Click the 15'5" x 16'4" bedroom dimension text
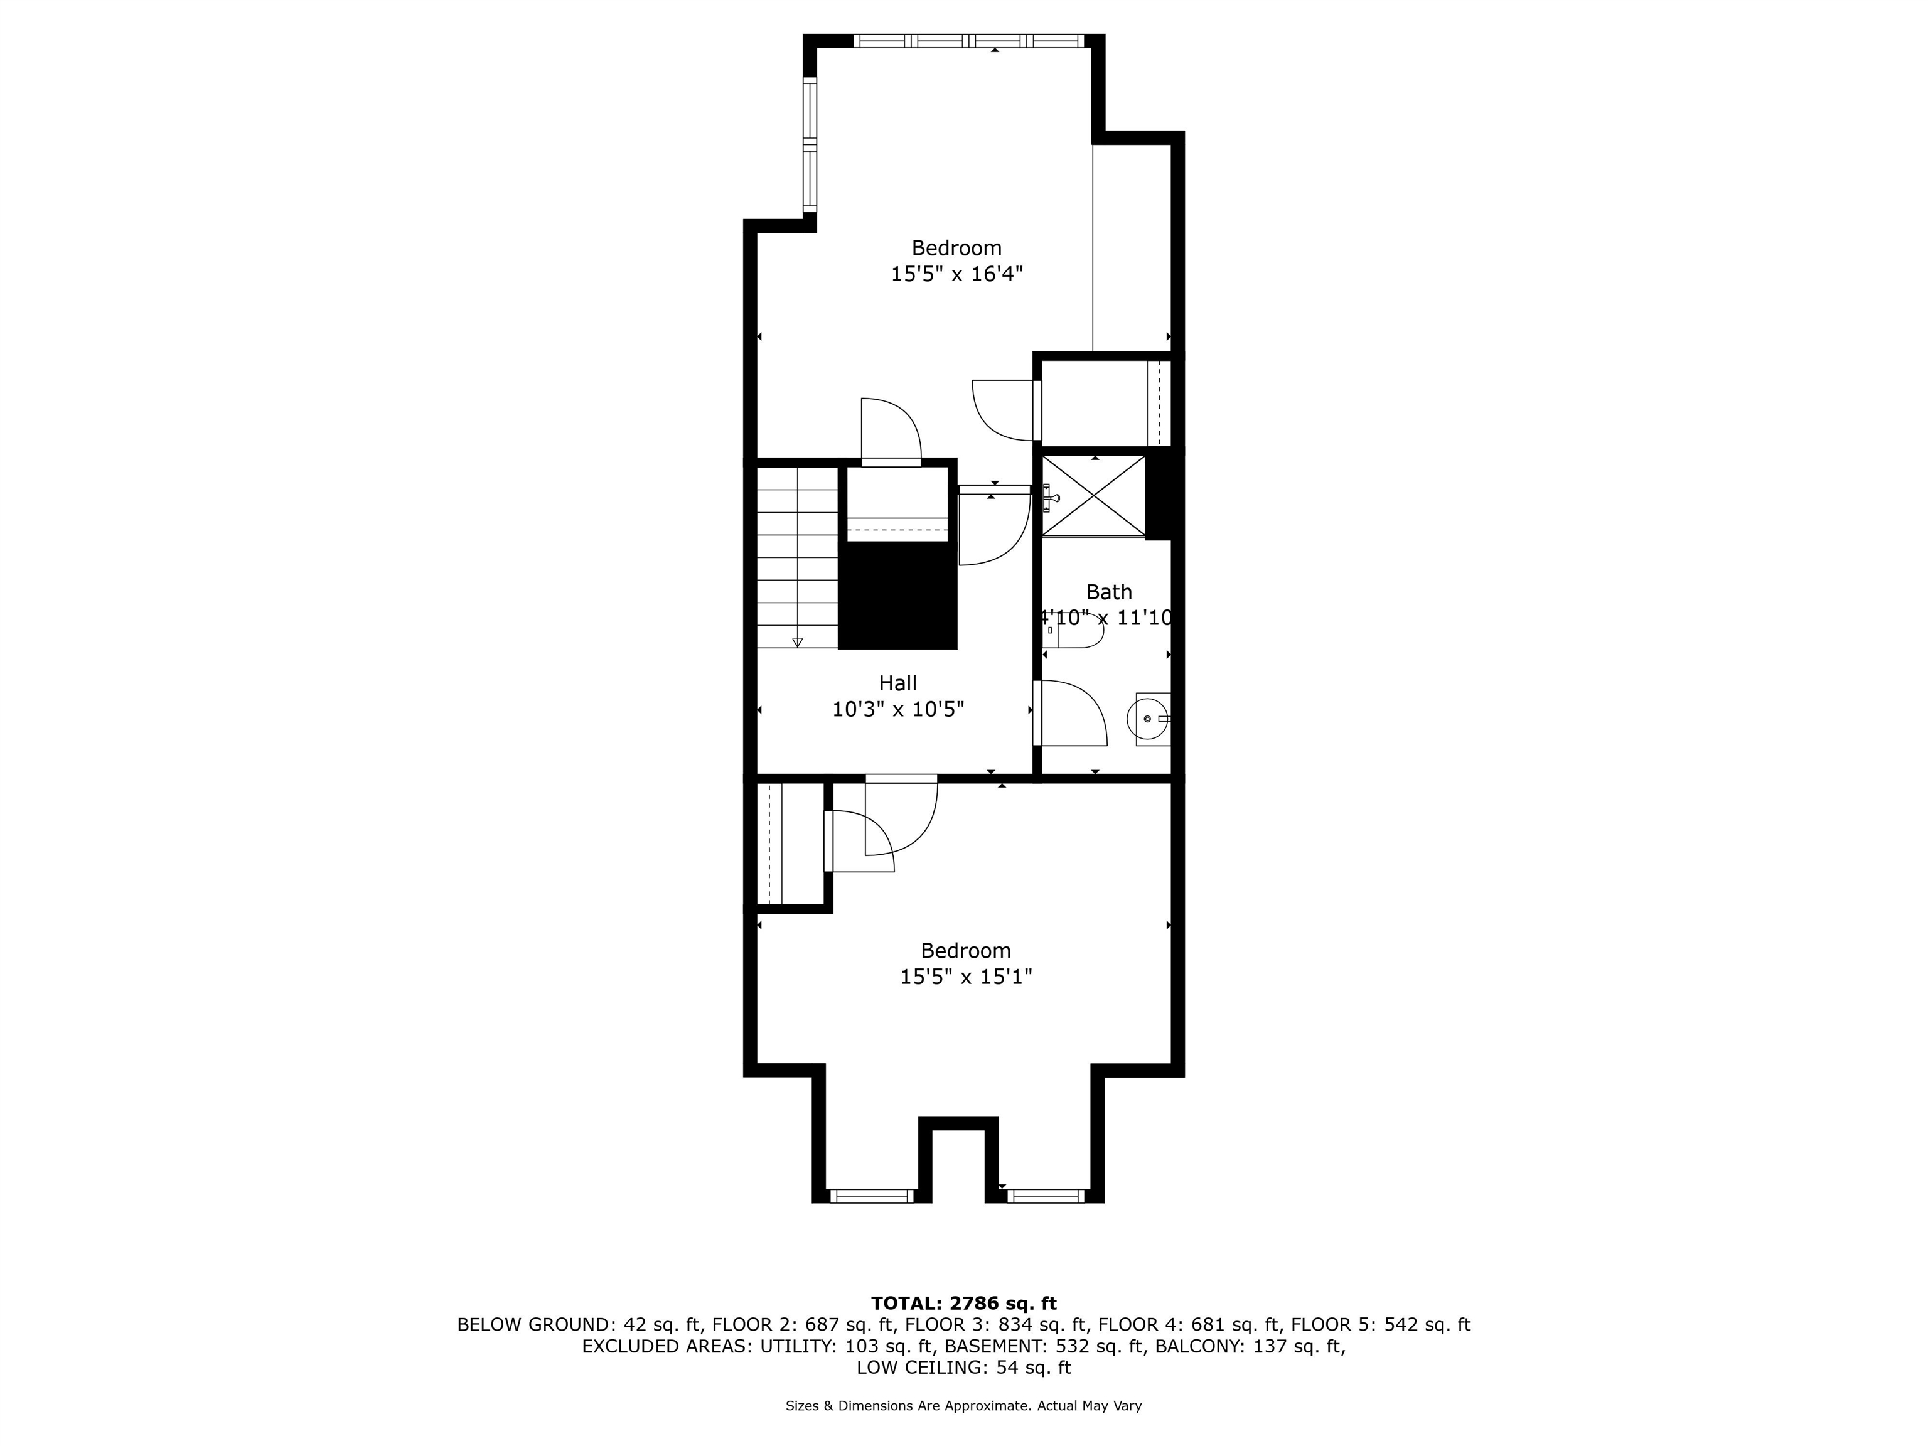pos(956,274)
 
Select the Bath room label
pos(1109,592)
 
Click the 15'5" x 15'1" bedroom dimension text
pos(966,977)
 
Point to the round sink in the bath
pos(1147,718)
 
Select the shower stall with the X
pos(1094,495)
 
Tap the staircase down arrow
pos(796,643)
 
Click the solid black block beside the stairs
pos(897,596)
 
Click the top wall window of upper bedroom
pos(968,40)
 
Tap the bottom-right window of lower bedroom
pos(1046,1196)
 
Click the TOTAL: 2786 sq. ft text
pos(963,1303)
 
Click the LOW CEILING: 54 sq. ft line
pos(963,1368)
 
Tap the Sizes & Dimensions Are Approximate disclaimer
pos(963,1406)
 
